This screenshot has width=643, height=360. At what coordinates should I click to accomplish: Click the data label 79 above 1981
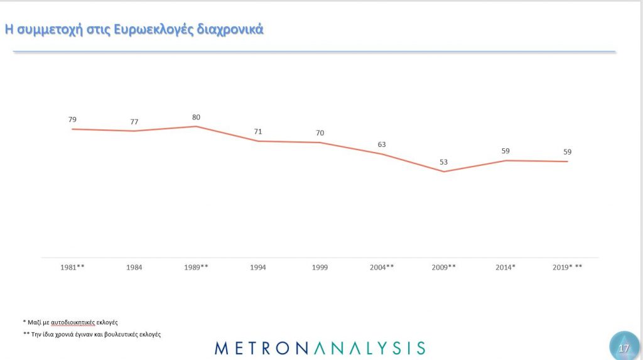[72, 119]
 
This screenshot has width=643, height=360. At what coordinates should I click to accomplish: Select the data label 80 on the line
[196, 117]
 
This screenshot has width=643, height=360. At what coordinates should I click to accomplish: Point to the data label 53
[443, 162]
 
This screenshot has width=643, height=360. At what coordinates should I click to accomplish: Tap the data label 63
[381, 145]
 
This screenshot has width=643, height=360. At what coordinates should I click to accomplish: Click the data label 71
[257, 131]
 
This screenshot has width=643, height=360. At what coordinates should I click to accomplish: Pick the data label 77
[134, 121]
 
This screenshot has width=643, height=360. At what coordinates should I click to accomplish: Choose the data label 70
[319, 133]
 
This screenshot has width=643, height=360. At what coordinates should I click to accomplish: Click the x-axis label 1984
[134, 268]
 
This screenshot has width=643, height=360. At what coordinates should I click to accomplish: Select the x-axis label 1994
[257, 268]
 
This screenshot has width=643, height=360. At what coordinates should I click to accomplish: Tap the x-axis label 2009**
[443, 268]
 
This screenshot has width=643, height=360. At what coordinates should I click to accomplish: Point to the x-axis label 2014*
[505, 268]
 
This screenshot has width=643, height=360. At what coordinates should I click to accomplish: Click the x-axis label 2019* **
[567, 268]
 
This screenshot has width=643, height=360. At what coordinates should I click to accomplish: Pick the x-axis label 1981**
[72, 268]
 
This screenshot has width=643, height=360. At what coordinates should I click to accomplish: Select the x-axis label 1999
[319, 268]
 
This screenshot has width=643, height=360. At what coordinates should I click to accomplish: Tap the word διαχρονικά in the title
[232, 29]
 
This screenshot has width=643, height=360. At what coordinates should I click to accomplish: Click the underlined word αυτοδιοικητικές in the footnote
[72, 322]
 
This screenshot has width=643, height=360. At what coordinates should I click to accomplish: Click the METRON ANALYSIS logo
[320, 347]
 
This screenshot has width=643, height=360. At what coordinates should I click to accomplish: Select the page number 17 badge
[624, 347]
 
